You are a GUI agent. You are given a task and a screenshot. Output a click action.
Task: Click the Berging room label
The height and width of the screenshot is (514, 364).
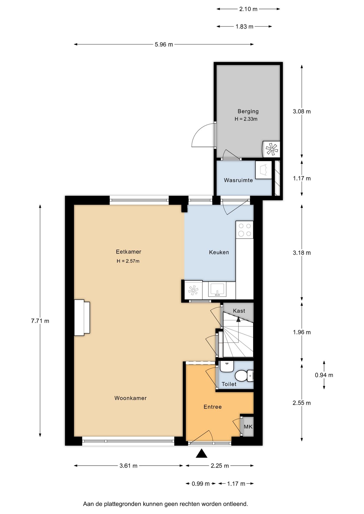[x=248, y=111]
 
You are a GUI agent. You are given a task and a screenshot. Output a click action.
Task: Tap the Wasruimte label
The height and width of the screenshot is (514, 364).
[x=238, y=180]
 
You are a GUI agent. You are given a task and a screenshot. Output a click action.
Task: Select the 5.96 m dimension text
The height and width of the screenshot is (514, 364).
[x=164, y=44]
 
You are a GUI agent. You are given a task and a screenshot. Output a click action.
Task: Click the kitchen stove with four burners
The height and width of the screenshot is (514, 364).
[x=244, y=230]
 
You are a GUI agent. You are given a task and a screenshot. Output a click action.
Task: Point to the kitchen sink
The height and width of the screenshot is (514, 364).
[x=217, y=290]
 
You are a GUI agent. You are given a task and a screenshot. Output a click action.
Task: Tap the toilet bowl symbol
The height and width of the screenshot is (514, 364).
[x=242, y=376]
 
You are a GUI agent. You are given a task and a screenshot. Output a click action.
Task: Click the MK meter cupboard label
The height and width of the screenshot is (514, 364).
[x=248, y=427]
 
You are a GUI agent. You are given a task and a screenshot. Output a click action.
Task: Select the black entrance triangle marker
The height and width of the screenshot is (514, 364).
[x=202, y=453]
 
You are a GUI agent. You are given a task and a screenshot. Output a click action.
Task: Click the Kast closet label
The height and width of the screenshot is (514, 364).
[x=239, y=311]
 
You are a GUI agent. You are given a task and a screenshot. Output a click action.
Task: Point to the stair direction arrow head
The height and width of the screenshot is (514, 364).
[x=238, y=319]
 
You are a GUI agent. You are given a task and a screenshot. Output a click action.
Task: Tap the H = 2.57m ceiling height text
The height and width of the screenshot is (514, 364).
[x=128, y=261]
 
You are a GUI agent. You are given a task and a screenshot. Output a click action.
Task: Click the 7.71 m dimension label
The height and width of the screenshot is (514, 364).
[x=40, y=321]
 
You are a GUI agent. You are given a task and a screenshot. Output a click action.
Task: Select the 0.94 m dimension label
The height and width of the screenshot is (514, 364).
[x=324, y=375]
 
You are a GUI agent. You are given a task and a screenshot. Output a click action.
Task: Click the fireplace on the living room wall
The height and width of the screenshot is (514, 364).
[x=82, y=318]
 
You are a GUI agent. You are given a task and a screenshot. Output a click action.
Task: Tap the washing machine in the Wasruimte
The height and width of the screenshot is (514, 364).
[x=263, y=170]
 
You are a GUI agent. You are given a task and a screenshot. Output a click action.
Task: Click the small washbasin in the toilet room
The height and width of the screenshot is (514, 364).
[x=227, y=366]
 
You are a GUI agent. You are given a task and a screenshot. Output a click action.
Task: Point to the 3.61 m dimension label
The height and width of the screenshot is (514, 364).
[x=128, y=466]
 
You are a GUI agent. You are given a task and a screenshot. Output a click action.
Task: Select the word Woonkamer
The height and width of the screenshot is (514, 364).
[x=131, y=398]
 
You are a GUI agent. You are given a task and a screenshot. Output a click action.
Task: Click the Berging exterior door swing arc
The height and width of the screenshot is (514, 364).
[x=200, y=134]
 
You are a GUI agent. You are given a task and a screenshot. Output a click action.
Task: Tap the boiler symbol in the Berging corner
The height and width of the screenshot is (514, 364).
[x=271, y=149]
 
